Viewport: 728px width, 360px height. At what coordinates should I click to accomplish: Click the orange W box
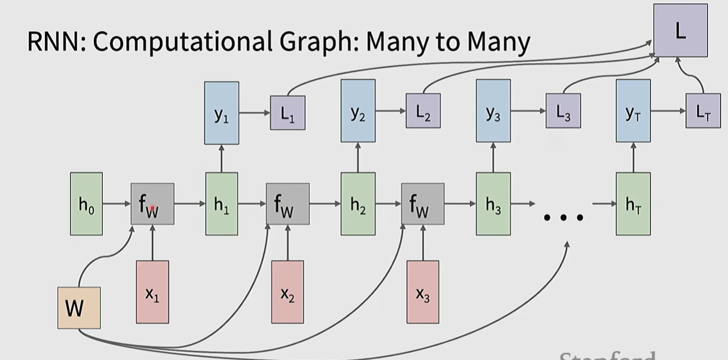point(79,308)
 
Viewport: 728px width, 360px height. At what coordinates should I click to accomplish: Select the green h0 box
point(87,204)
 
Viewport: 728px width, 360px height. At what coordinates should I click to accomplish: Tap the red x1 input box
point(153,292)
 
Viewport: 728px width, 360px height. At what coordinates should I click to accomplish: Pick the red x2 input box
point(287,292)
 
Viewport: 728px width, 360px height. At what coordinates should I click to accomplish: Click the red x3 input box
point(423,292)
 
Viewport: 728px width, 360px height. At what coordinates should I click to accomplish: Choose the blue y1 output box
point(221,113)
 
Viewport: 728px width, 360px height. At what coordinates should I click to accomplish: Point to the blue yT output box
point(633,111)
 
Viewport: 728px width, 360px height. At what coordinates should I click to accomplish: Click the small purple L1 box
point(287,112)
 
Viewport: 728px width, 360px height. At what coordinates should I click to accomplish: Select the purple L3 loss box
point(563,111)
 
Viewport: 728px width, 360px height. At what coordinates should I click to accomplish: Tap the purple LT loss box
point(703,111)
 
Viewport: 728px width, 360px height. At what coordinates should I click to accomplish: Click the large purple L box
point(680,30)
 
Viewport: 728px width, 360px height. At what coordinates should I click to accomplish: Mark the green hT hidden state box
point(633,204)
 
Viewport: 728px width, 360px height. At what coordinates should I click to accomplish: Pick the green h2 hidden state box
point(358,204)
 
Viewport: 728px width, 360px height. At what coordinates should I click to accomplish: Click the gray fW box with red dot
point(152,204)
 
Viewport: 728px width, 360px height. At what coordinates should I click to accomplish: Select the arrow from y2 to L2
point(391,111)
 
